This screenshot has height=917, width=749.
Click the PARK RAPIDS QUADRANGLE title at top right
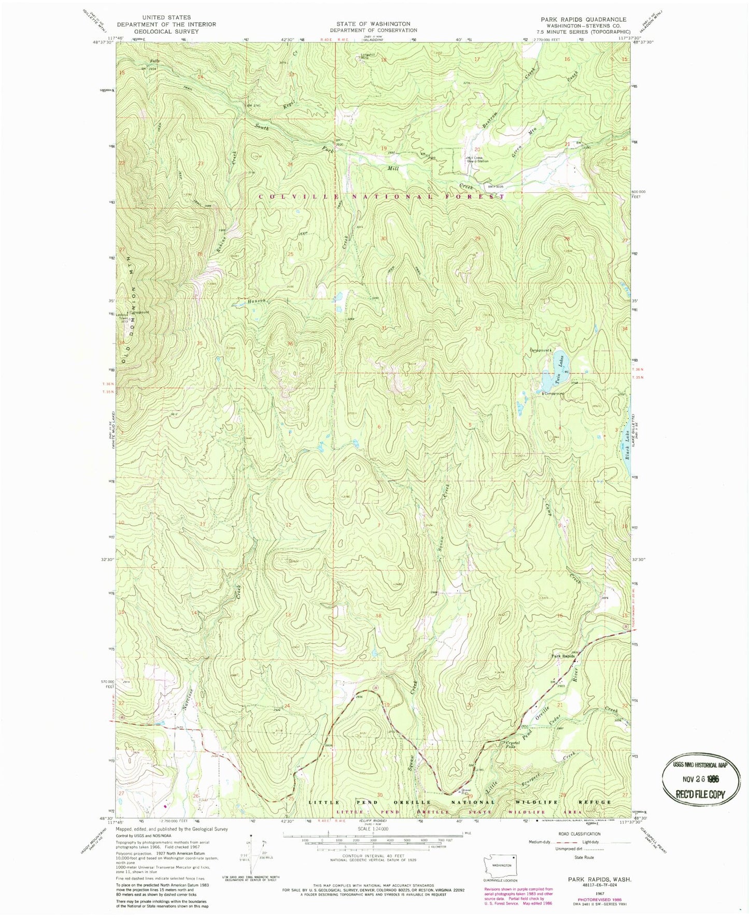[x=583, y=19]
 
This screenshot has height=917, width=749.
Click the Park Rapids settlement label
[x=563, y=656]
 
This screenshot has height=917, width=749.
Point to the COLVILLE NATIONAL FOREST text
[x=381, y=196]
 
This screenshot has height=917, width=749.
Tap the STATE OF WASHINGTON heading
[x=373, y=24]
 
